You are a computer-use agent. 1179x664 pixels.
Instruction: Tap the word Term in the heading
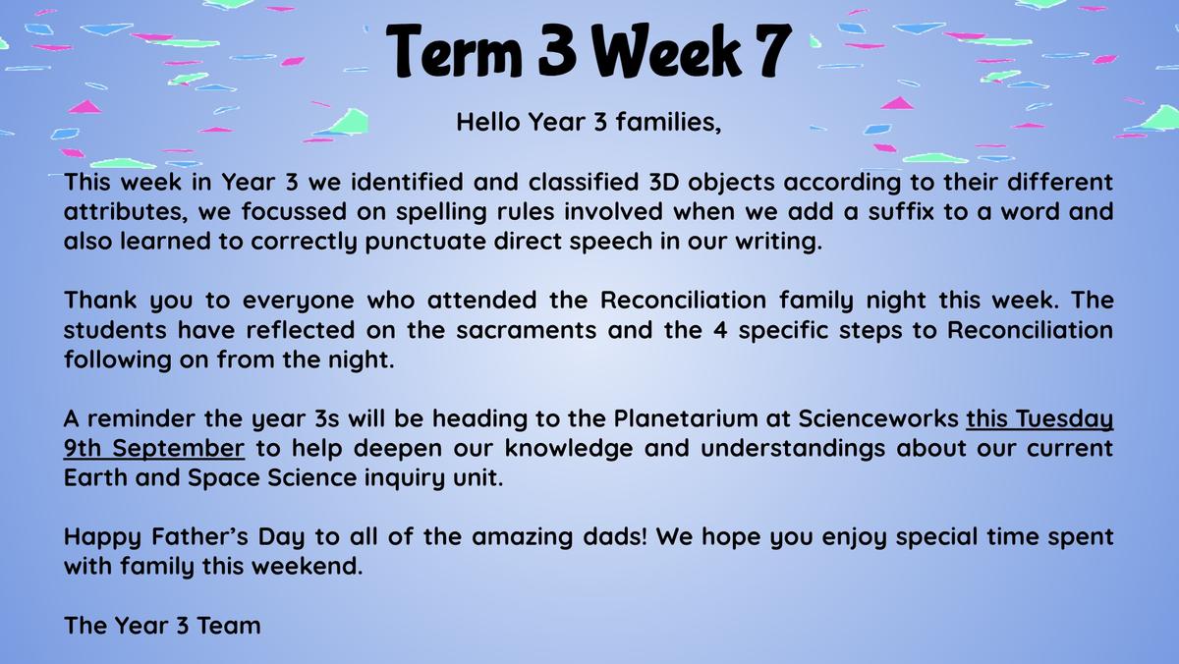coord(454,50)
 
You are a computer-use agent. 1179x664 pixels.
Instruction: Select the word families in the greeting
coord(668,122)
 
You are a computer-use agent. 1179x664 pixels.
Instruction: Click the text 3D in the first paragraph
coord(663,182)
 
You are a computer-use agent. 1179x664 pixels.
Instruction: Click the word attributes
coord(126,212)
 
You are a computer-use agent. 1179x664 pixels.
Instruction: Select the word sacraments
coord(527,331)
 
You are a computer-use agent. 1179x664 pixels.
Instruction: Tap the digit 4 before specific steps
coord(720,330)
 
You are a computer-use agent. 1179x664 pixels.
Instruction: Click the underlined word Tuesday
coord(1064,419)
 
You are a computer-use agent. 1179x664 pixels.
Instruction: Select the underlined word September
coord(178,449)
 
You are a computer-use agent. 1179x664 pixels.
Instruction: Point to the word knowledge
coord(569,449)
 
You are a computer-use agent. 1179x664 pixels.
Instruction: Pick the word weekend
coord(308,566)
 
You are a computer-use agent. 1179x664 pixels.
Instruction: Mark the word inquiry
coord(404,478)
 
